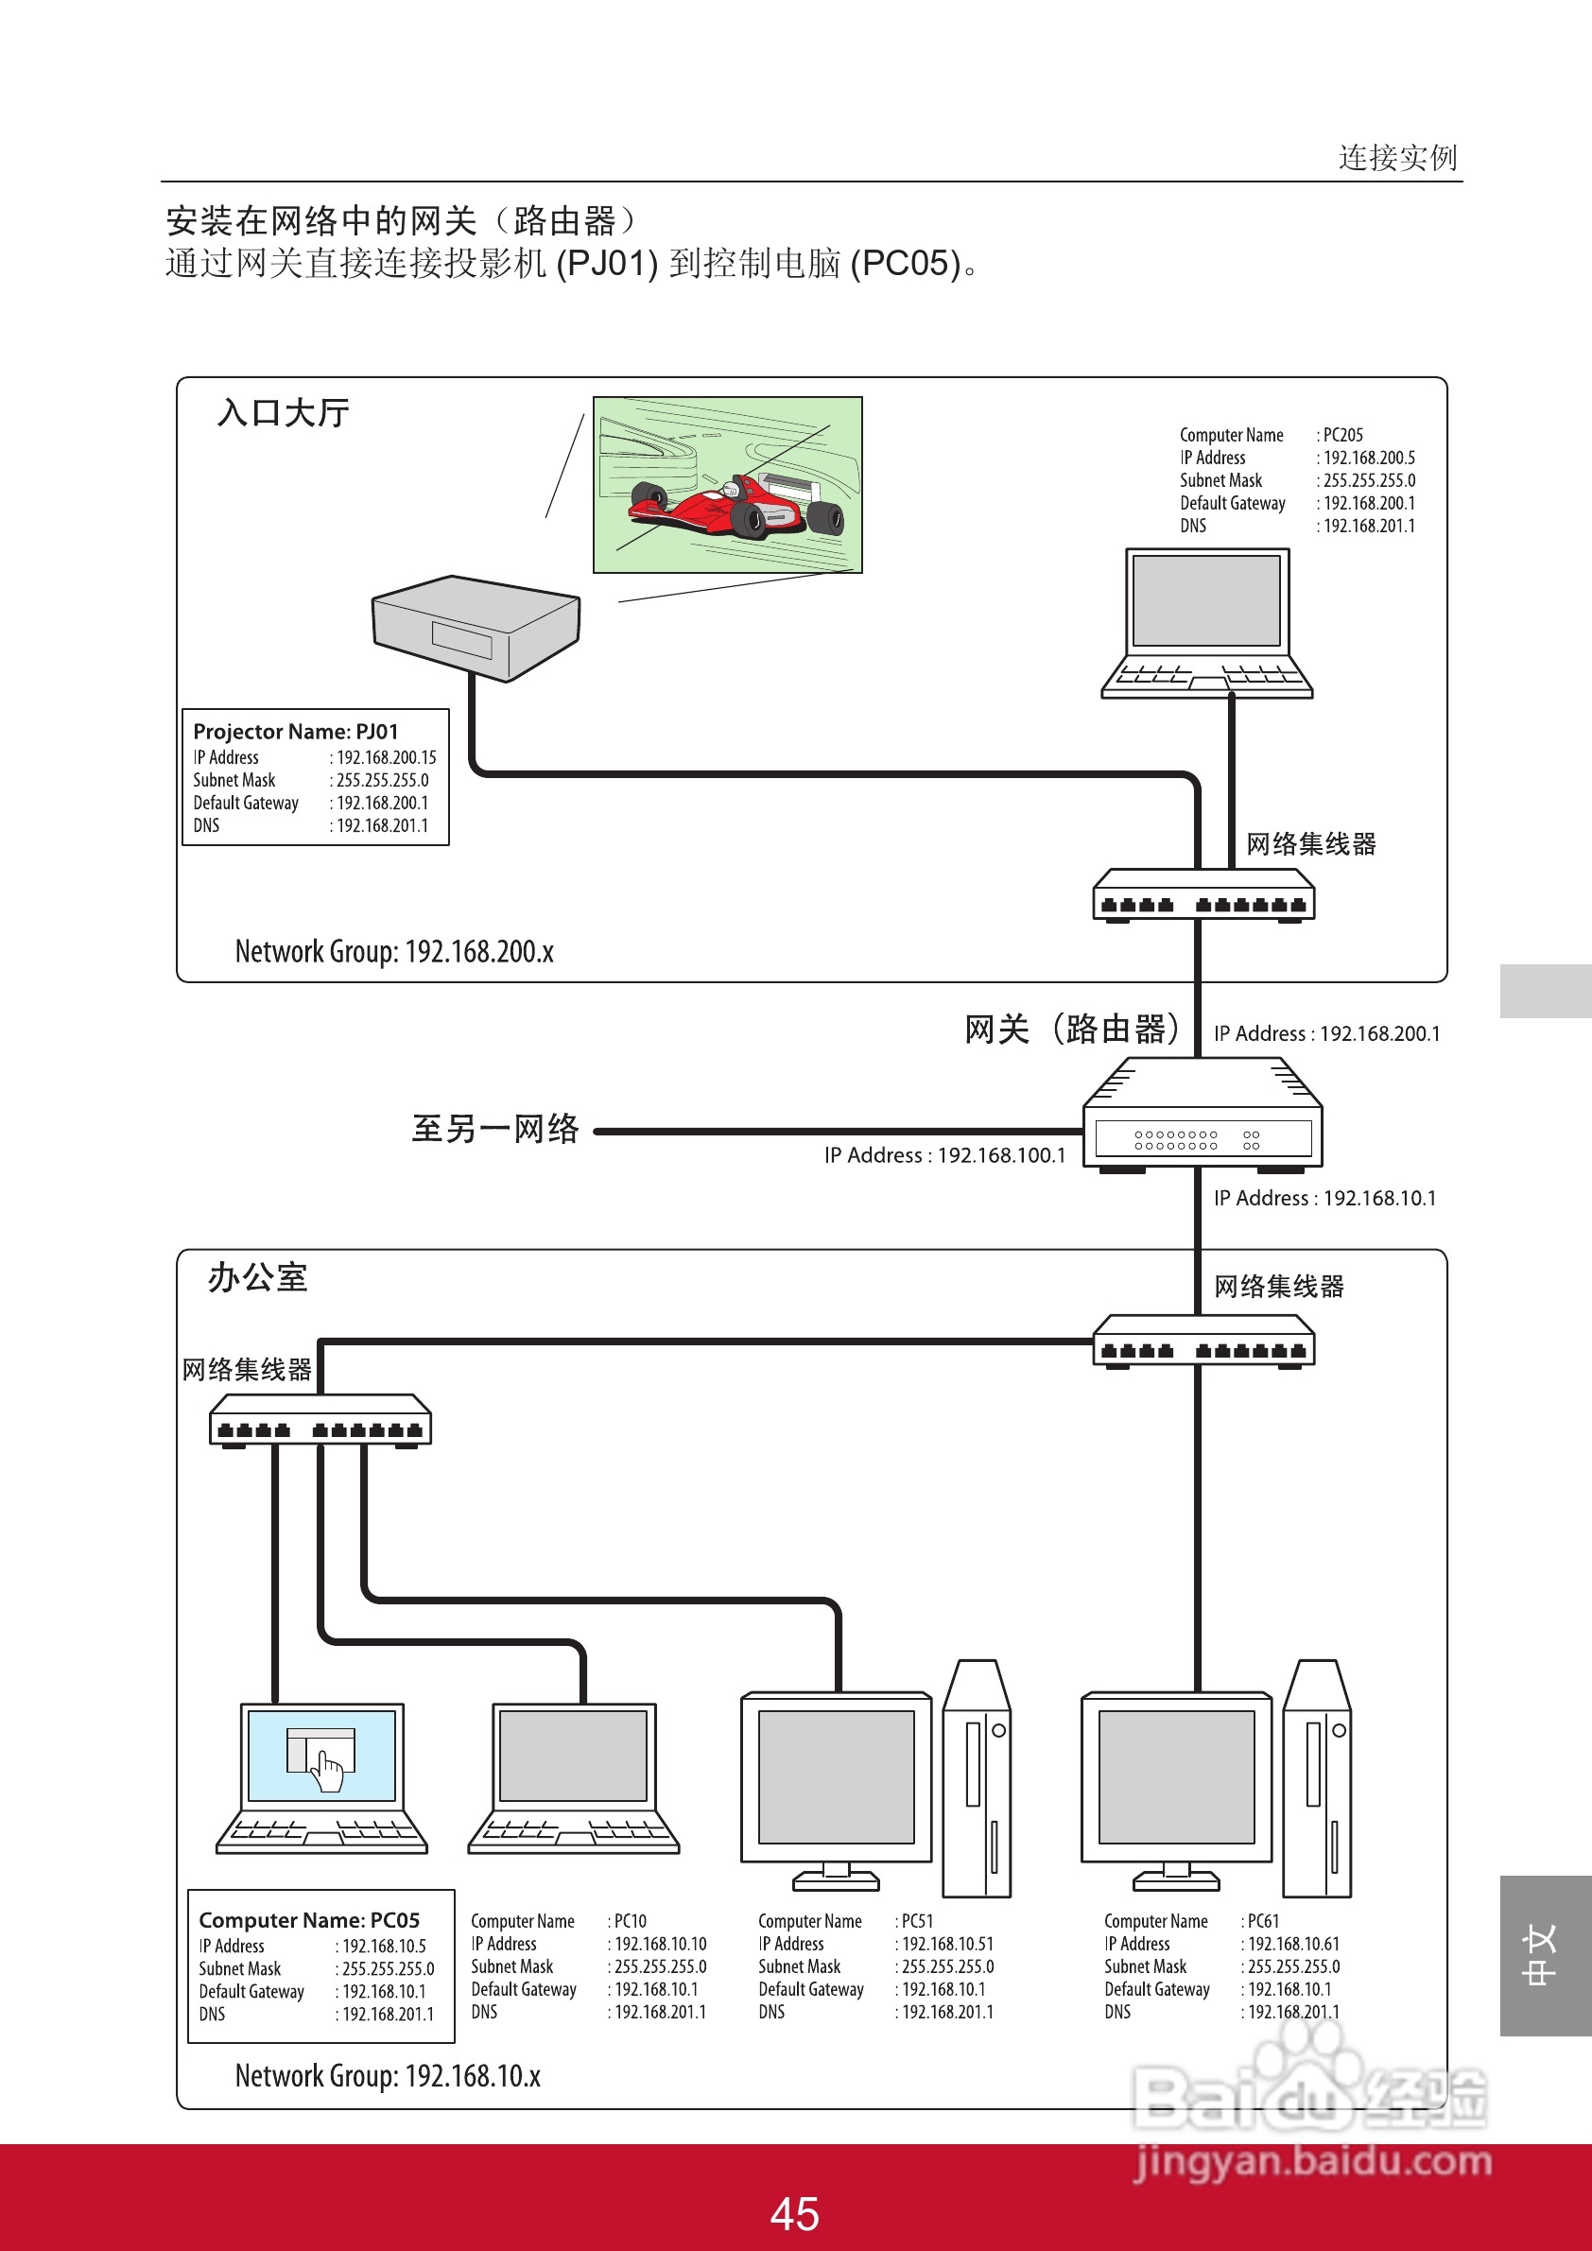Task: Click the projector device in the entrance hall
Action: tap(476, 628)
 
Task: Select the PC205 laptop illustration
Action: tap(1206, 623)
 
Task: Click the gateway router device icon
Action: tap(1203, 1116)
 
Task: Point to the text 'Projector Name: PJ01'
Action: tap(296, 732)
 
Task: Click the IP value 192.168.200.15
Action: tap(387, 758)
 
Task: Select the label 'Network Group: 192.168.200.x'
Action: tap(394, 952)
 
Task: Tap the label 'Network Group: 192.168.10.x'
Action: tap(388, 2075)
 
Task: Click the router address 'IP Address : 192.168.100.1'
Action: tap(945, 1156)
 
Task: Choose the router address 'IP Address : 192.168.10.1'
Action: tap(1324, 1198)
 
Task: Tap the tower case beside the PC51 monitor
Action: tap(977, 1778)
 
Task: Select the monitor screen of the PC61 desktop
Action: tap(1176, 1776)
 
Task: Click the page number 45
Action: tap(794, 2214)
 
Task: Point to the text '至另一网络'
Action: tap(495, 1130)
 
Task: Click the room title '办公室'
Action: tap(258, 1277)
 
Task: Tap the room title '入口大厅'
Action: tap(284, 413)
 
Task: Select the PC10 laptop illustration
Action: tap(574, 1778)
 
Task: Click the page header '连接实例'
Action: tap(1398, 158)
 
